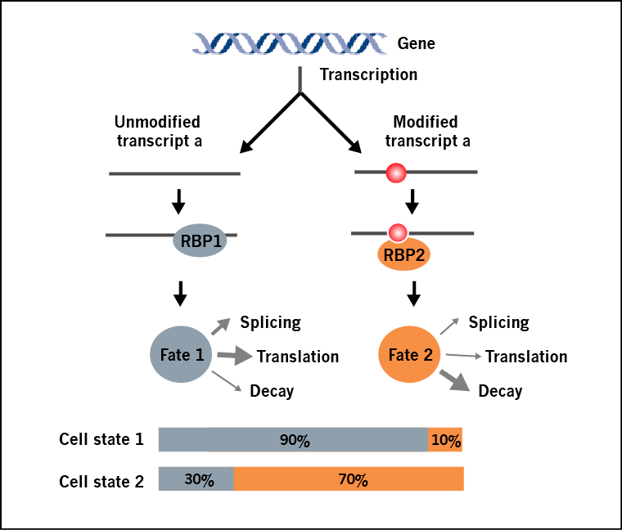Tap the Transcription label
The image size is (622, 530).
tap(368, 75)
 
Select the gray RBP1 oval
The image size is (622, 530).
tap(200, 242)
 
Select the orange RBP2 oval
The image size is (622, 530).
tap(403, 254)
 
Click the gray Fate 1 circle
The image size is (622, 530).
tap(181, 355)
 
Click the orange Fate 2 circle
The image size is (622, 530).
tap(409, 355)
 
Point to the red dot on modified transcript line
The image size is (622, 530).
tap(396, 173)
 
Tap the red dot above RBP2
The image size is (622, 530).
tap(398, 232)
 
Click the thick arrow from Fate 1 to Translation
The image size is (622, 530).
tap(235, 356)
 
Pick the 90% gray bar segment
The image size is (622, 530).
tap(293, 440)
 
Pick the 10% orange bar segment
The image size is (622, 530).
tap(446, 440)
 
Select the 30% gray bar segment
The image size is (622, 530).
tap(196, 479)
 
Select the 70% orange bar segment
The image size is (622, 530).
tap(349, 479)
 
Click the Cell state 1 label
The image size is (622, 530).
tap(101, 440)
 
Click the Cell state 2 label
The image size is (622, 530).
tap(101, 481)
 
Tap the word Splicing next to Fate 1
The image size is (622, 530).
tap(270, 322)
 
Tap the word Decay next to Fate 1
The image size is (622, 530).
tap(271, 391)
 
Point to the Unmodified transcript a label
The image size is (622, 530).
tap(158, 131)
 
